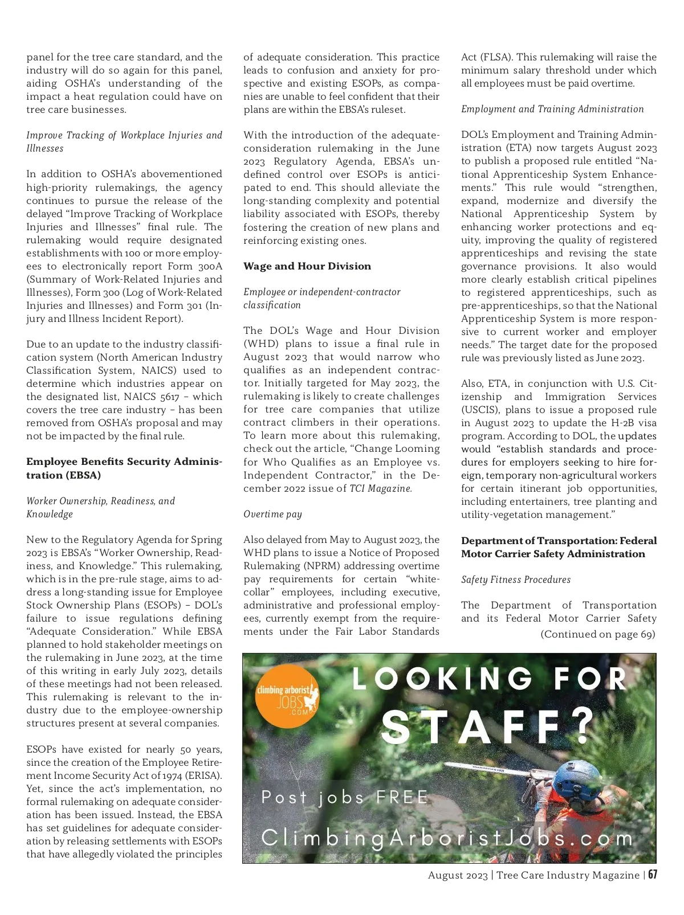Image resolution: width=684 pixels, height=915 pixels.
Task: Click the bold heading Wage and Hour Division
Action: [x=307, y=266]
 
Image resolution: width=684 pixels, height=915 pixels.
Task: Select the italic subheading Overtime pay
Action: [x=272, y=514]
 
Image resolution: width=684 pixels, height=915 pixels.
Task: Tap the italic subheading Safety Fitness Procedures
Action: [x=515, y=579]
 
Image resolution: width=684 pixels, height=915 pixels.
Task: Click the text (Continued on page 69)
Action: [x=597, y=634]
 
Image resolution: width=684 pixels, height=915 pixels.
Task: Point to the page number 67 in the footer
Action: [x=653, y=875]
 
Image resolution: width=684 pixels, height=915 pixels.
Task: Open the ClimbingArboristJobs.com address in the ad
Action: [x=447, y=838]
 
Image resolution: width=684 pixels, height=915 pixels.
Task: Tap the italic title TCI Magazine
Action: [x=380, y=488]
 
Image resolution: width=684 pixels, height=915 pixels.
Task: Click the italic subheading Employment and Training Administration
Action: [x=552, y=109]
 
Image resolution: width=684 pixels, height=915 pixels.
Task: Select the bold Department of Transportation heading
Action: [x=559, y=547]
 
